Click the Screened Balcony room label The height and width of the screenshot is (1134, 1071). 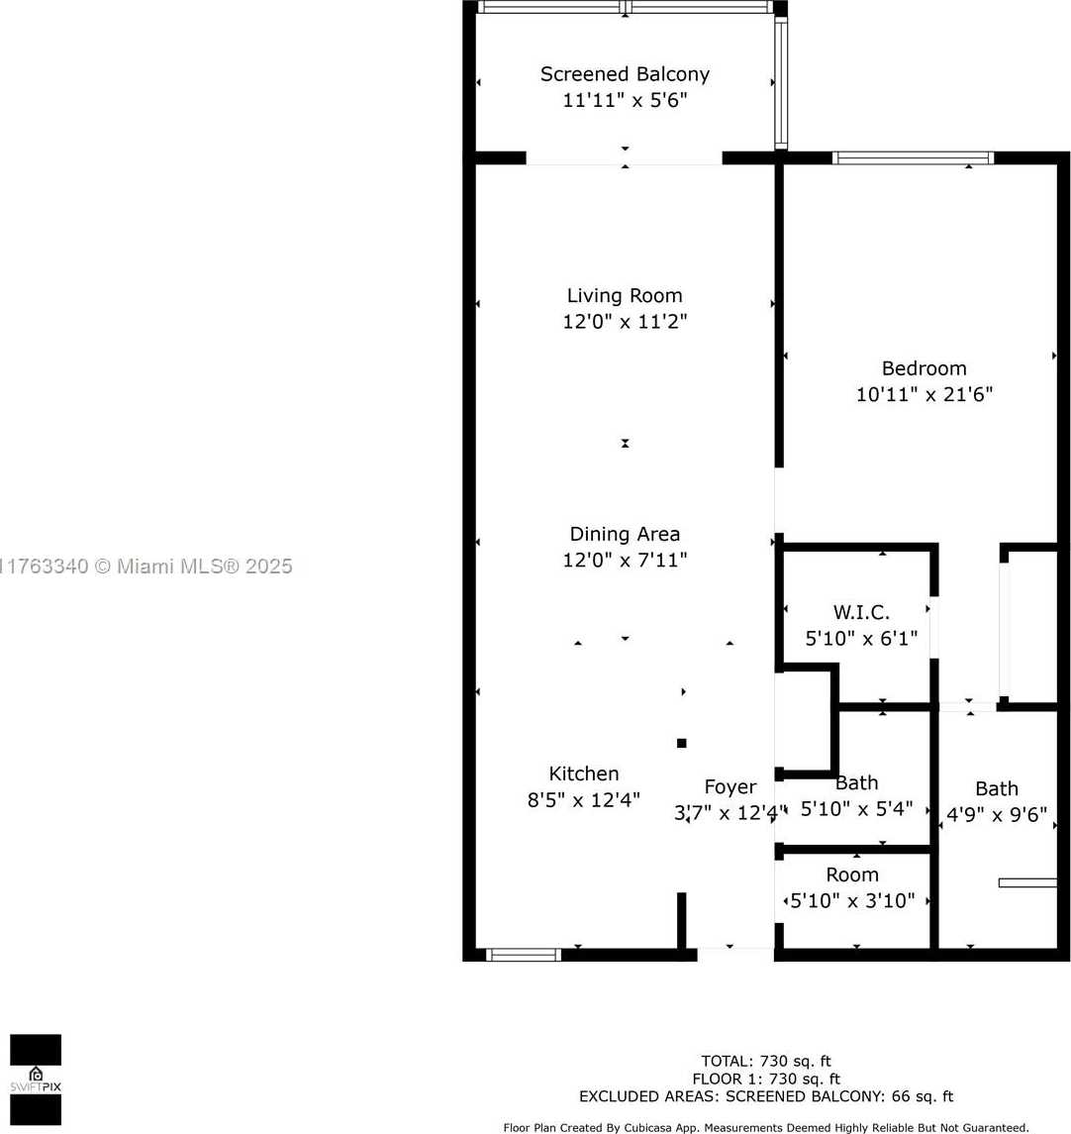(x=625, y=74)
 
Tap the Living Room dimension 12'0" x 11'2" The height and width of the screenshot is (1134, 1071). (x=625, y=322)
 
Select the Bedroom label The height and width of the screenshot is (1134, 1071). (x=924, y=368)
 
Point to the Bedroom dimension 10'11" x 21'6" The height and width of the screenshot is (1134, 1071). (x=924, y=394)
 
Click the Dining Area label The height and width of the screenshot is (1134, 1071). (x=625, y=535)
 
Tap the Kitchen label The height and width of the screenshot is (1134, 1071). (x=584, y=773)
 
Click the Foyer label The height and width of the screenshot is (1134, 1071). (x=730, y=787)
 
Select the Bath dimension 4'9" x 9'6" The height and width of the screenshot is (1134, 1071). (x=997, y=814)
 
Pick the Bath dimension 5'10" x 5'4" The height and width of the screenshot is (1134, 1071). (x=855, y=809)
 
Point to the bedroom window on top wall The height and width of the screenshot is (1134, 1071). (x=913, y=157)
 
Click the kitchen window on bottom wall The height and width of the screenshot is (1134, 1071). (x=524, y=955)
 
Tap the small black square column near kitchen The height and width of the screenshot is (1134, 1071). (x=681, y=743)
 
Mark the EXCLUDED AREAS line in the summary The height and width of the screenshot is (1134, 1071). (x=766, y=1096)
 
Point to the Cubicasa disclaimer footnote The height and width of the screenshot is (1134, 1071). (x=765, y=1127)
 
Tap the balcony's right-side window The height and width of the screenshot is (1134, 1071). (x=781, y=83)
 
